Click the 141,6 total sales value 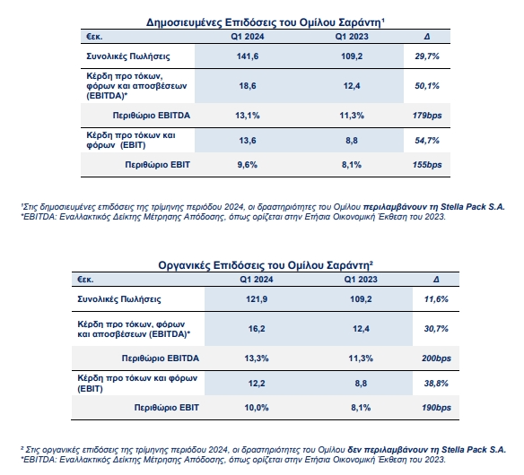pos(248,56)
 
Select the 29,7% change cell pos(427,56)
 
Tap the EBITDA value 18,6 pos(248,86)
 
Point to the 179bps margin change pos(427,116)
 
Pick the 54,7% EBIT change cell pos(427,141)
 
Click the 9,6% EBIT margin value pos(248,165)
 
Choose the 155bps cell pos(427,165)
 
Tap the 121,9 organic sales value pos(257,299)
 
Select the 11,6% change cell pos(436,299)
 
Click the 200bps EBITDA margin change pos(436,358)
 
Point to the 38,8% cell pos(436,384)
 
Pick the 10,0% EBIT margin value pos(257,408)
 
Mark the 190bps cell pos(436,408)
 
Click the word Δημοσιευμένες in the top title pos(184,22)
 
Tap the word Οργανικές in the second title pos(184,265)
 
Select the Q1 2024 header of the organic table pos(257,280)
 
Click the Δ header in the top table pos(427,37)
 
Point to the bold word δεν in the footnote pos(354,450)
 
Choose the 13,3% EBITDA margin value pos(257,358)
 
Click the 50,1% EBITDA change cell pos(427,86)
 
